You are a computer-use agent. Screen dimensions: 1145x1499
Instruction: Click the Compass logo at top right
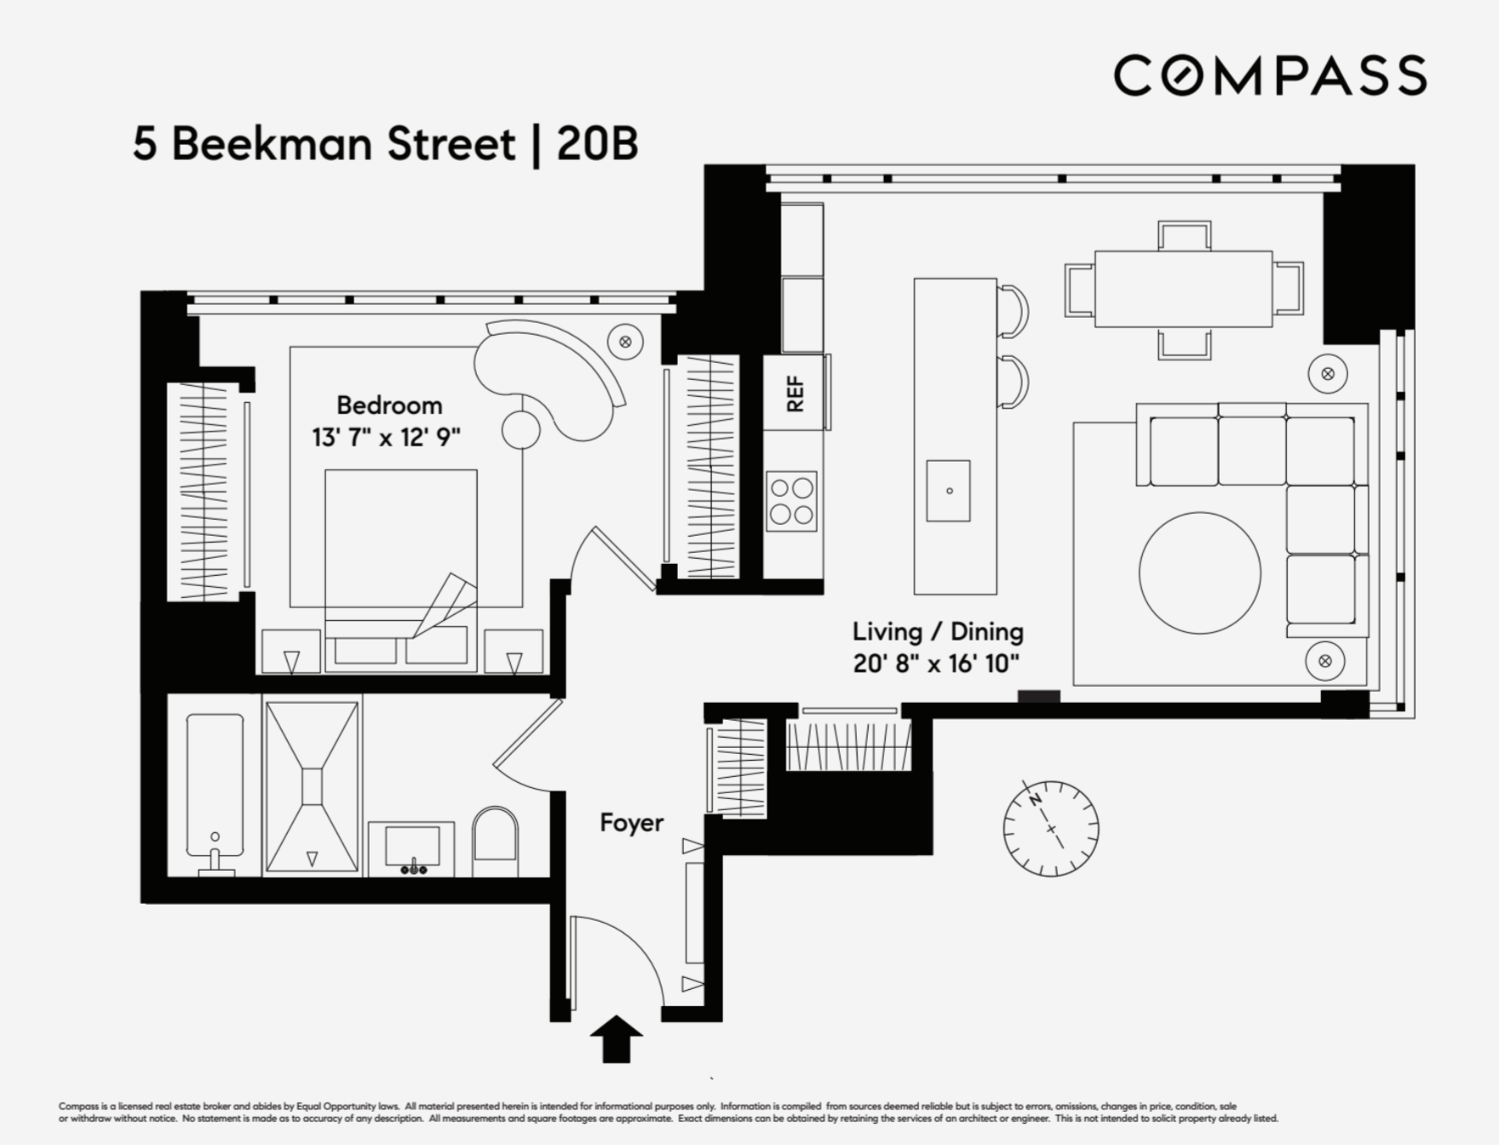pyautogui.click(x=1269, y=75)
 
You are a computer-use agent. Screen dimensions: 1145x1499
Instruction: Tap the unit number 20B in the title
pyautogui.click(x=597, y=144)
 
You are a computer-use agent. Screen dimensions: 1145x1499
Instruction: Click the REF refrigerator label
pyautogui.click(x=794, y=394)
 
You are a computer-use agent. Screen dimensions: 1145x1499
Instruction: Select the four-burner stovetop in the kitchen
pyautogui.click(x=791, y=501)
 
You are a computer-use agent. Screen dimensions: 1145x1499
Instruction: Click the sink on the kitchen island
pyautogui.click(x=948, y=491)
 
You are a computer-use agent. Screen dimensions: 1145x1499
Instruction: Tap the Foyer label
pyautogui.click(x=631, y=822)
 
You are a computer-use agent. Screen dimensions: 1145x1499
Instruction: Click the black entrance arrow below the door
pyautogui.click(x=616, y=1039)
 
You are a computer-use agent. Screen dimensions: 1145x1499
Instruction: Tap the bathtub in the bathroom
pyautogui.click(x=215, y=785)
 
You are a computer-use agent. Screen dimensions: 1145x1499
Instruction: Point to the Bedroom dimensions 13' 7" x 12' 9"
pyautogui.click(x=386, y=438)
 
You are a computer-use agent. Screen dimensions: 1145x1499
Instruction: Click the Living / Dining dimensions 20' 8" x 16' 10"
pyautogui.click(x=936, y=664)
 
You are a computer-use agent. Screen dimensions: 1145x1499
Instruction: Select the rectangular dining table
pyautogui.click(x=1183, y=289)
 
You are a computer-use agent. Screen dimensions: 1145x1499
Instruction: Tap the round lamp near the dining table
pyautogui.click(x=1327, y=374)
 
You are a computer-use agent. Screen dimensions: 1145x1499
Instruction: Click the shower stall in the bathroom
pyautogui.click(x=313, y=785)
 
